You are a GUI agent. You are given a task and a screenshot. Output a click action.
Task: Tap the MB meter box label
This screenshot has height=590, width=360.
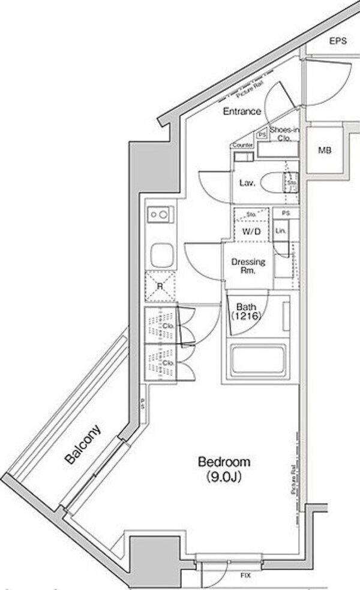click(324, 150)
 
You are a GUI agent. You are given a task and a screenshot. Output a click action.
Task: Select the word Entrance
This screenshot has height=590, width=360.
click(242, 112)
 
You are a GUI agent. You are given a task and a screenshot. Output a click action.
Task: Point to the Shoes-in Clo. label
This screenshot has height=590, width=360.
click(284, 134)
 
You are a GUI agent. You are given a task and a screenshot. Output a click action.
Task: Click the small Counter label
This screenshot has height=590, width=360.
click(241, 146)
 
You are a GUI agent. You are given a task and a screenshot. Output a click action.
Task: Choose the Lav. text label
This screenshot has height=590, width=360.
click(247, 183)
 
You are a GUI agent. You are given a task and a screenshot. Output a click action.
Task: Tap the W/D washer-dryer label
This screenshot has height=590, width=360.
click(251, 231)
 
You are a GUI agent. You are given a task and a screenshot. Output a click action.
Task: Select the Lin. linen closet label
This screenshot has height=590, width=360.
click(280, 231)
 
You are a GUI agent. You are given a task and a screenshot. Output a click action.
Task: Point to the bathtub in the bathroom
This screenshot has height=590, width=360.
click(257, 361)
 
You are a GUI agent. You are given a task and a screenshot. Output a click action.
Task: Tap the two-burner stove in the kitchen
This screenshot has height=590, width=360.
click(161, 213)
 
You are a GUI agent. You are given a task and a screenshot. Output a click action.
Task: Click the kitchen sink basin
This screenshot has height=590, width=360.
click(161, 255)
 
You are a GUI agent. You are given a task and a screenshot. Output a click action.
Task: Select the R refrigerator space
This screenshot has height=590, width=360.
click(160, 285)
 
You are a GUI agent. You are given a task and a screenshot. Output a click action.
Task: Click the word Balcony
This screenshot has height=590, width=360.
click(83, 445)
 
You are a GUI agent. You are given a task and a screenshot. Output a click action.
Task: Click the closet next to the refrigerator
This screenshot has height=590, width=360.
click(161, 326)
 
